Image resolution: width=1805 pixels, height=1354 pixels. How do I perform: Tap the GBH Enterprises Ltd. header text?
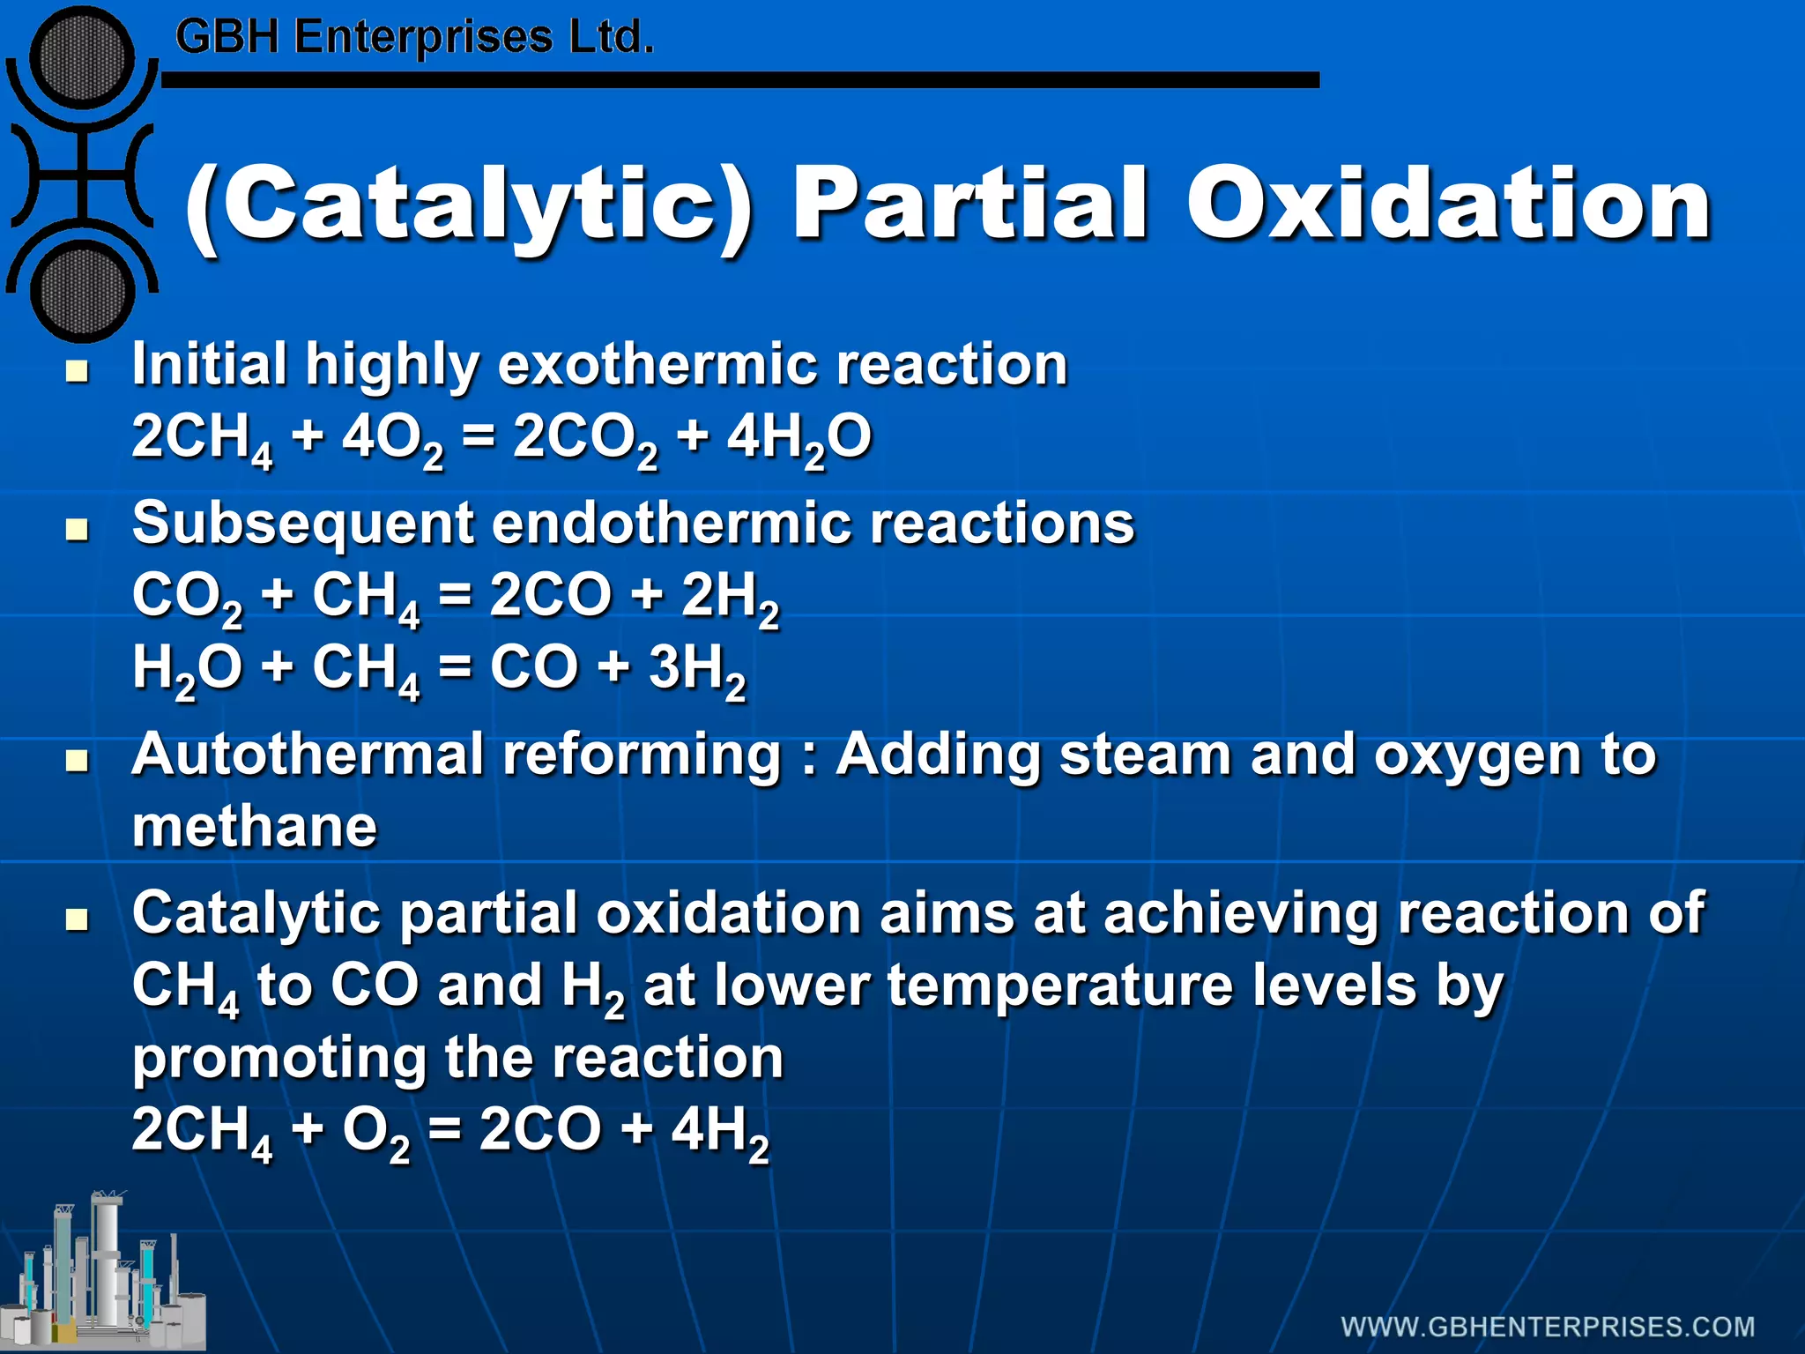[x=414, y=38]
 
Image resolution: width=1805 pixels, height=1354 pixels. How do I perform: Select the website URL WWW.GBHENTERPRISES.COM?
[x=1548, y=1327]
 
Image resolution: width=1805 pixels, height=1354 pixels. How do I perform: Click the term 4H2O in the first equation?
[x=799, y=438]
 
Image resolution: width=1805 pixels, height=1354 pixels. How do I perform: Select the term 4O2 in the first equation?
[x=391, y=438]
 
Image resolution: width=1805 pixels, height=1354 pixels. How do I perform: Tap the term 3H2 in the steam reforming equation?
[x=696, y=669]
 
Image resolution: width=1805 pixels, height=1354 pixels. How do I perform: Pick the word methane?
[x=255, y=827]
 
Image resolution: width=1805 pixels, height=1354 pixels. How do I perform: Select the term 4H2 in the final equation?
[x=719, y=1131]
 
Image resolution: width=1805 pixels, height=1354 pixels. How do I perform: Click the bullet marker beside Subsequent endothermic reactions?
[x=78, y=530]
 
